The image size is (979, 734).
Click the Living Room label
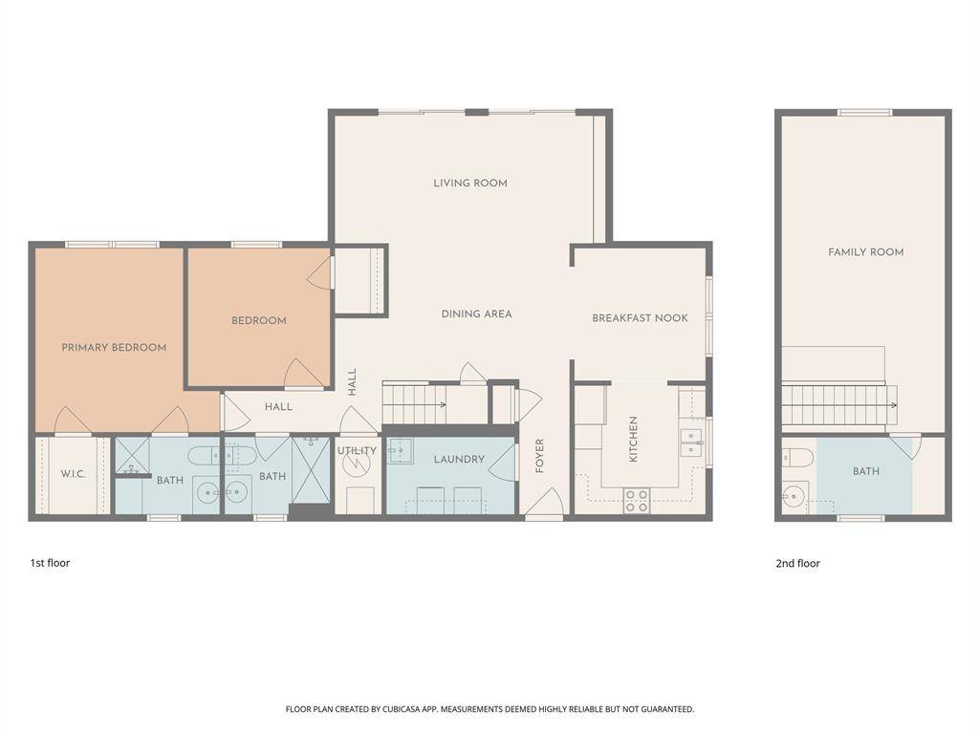coord(470,183)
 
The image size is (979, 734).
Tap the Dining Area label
coord(476,313)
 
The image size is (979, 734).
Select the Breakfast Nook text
coord(640,317)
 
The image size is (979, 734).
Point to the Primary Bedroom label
coord(114,347)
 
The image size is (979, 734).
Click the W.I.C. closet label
coord(73,474)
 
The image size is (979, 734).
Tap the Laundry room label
coord(459,459)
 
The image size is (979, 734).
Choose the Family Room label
coord(866,252)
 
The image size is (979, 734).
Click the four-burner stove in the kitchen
coord(636,501)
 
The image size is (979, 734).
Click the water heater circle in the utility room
coord(356,463)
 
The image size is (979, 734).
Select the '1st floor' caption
coord(50,562)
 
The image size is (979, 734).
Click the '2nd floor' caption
coord(798,563)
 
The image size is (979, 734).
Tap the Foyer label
coord(539,456)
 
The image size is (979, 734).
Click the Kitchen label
coord(633,440)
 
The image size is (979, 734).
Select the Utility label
coord(358,451)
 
